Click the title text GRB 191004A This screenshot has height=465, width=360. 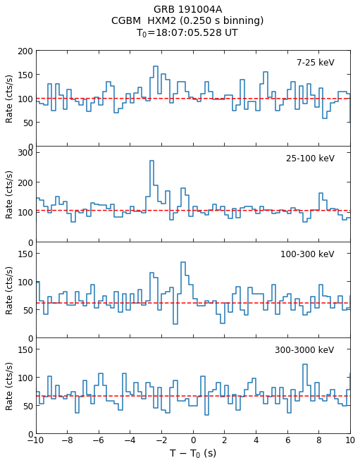187,9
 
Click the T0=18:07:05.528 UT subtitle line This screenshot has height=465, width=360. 187,32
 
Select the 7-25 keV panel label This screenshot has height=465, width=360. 315,63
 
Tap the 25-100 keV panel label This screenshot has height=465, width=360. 310,159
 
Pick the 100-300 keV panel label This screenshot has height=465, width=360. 307,254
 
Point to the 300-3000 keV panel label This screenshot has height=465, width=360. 304,350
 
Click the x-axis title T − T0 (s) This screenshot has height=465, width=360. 193,453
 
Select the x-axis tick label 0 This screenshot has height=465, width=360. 193,440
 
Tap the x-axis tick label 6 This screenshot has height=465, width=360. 287,440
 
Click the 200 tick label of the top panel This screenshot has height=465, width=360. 25,51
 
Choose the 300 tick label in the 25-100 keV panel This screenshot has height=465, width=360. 25,153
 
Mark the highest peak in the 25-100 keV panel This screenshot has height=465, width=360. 152,161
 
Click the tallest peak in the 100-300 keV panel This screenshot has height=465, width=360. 183,262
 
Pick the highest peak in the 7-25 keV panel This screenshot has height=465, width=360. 156,66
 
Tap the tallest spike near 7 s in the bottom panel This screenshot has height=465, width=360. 305,364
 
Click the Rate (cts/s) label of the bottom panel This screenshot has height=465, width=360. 9,386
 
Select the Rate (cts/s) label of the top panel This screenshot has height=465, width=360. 9,99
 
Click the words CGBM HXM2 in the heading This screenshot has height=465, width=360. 144,20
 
